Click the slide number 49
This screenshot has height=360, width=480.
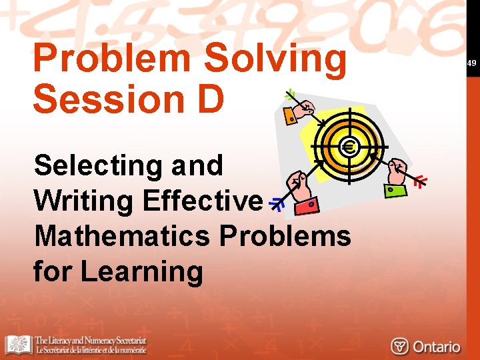coord(471,63)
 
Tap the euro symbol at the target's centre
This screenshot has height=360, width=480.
coord(349,147)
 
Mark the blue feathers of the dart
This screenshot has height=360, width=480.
coord(275,205)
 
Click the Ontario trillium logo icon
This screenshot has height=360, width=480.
coord(399,347)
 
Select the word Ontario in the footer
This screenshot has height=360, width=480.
coord(436,347)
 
